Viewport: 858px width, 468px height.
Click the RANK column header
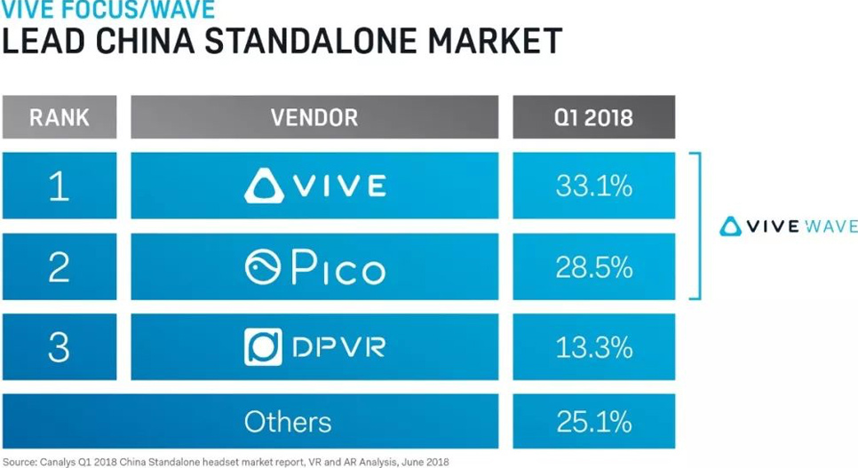tap(59, 117)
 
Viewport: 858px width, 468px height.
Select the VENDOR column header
tap(314, 117)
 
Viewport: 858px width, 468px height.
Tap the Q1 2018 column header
tap(593, 117)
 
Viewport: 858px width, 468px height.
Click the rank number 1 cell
tap(59, 186)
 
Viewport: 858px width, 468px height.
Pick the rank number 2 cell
tap(59, 266)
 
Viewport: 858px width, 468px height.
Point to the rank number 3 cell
tap(59, 346)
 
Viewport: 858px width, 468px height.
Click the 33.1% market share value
tap(593, 186)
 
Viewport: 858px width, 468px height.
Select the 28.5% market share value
tap(593, 266)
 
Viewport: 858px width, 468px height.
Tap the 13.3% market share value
tap(593, 346)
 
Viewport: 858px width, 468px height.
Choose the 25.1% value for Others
tap(593, 421)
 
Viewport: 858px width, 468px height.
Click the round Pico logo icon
tap(263, 267)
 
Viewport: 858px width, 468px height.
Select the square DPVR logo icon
tap(263, 346)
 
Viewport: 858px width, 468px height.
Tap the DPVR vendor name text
tap(338, 347)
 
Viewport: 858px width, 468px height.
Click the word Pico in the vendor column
tap(338, 267)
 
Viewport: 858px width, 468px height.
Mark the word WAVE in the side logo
tap(831, 226)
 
